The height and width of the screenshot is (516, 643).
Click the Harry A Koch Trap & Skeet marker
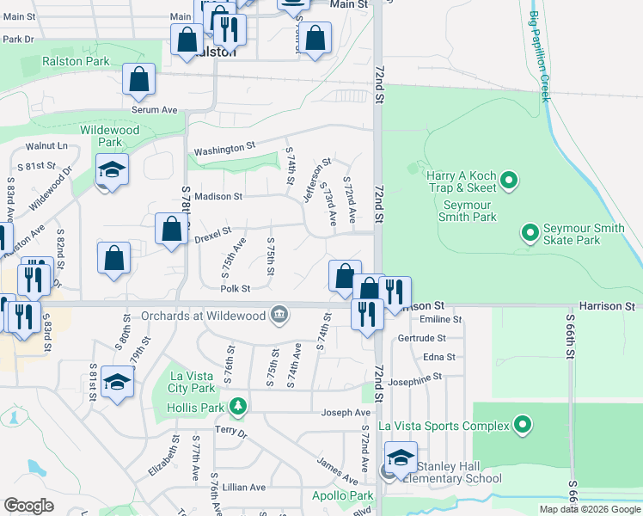click(x=508, y=180)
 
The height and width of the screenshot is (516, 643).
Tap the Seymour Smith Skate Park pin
click(x=530, y=231)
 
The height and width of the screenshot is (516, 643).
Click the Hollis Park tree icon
click(x=244, y=405)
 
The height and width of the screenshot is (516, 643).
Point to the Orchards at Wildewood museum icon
click(x=279, y=316)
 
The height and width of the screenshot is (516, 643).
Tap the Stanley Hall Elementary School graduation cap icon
click(x=401, y=458)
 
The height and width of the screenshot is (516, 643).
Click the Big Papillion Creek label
click(x=539, y=56)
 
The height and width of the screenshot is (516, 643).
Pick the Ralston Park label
click(x=77, y=62)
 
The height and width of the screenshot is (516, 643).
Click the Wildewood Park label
click(x=110, y=135)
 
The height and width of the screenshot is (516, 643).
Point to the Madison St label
click(x=217, y=196)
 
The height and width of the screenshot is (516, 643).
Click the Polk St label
click(x=235, y=289)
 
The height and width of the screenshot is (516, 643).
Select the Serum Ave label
click(x=154, y=110)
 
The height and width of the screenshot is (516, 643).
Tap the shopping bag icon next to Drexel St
click(x=171, y=229)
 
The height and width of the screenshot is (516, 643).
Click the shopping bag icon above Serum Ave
click(x=138, y=79)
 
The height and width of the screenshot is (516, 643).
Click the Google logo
click(x=29, y=506)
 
